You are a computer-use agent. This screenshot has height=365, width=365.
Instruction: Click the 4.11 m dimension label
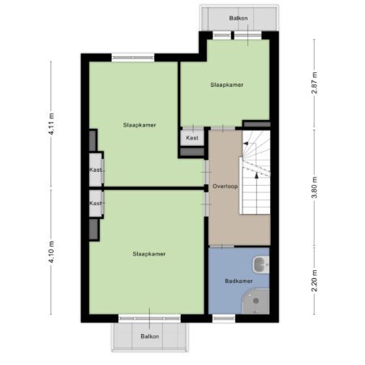tap(52, 124)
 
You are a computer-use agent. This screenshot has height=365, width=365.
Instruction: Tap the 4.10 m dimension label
tap(52, 252)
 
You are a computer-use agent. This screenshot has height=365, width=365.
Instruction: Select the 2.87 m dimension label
tap(315, 83)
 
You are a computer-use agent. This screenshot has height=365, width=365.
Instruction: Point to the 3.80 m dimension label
tap(315, 187)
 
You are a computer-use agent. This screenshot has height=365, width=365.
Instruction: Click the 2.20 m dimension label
tap(315, 281)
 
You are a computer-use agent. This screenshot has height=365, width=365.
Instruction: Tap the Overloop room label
tap(225, 187)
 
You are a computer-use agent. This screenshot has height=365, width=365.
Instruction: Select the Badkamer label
tap(238, 281)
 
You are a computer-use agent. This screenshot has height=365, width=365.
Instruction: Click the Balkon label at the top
tap(238, 18)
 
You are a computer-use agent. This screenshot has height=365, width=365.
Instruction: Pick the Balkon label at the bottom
tap(150, 337)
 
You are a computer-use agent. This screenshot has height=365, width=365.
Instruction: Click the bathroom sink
tap(261, 264)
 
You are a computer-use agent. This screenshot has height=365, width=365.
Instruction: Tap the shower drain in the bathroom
tap(255, 301)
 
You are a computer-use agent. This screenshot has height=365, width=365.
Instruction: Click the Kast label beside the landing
tap(192, 138)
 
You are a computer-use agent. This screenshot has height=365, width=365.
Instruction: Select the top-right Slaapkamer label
tap(227, 85)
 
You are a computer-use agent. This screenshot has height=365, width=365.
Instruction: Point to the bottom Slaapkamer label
tap(149, 254)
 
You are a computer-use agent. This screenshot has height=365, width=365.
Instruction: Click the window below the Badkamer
tap(224, 319)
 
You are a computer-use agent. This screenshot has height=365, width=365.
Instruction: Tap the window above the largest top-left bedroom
tap(133, 58)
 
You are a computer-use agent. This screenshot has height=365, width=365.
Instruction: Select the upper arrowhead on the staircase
tap(246, 144)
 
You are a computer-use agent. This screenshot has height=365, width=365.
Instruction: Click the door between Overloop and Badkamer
tap(222, 247)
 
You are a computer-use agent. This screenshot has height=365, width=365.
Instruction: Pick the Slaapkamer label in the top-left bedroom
tap(140, 125)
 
